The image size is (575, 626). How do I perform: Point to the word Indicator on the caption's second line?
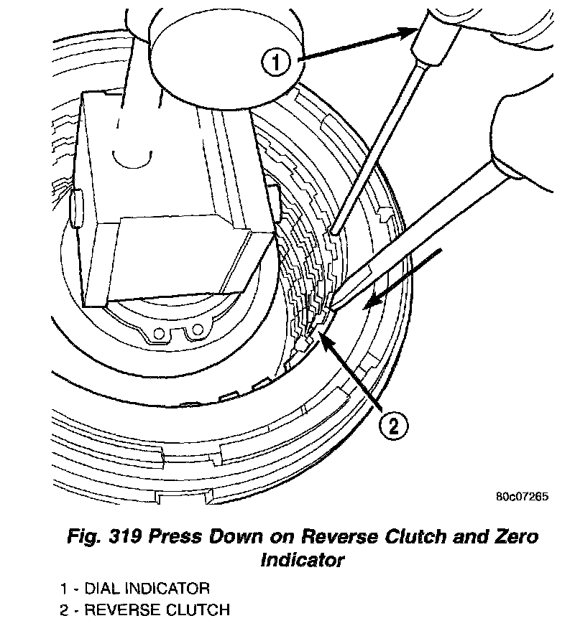click(302, 560)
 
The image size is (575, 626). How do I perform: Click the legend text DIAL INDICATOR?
click(147, 589)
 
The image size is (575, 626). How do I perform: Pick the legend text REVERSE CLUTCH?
click(157, 611)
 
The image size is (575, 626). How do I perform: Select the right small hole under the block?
click(194, 332)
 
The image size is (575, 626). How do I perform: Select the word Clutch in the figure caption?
click(425, 538)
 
